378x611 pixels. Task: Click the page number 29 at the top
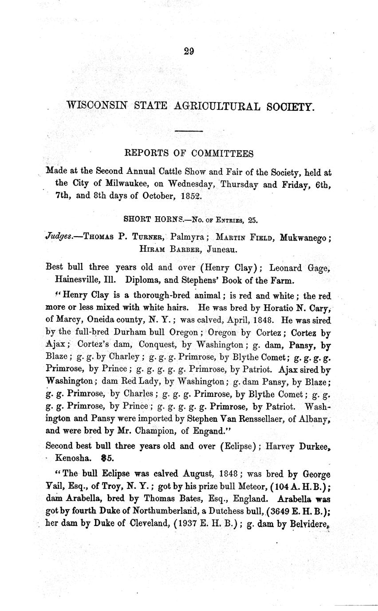coord(189,51)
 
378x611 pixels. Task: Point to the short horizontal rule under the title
coord(189,131)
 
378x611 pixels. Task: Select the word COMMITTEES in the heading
coord(223,153)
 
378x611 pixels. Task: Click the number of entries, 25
coord(253,219)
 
